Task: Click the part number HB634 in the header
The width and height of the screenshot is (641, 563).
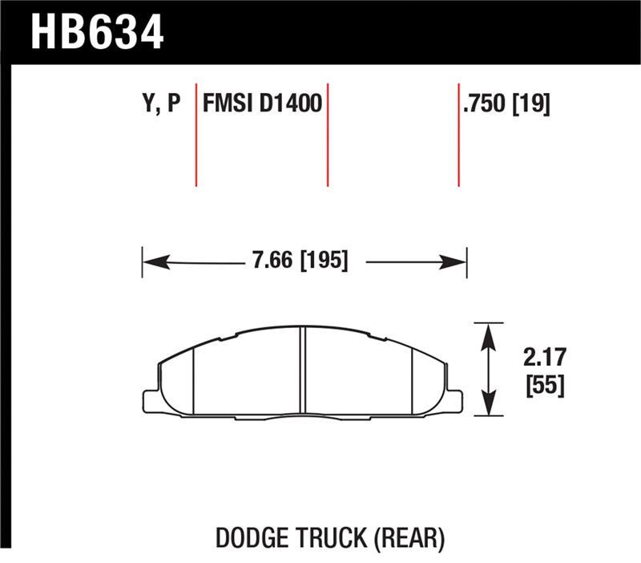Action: (97, 32)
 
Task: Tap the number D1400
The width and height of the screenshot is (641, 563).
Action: (289, 104)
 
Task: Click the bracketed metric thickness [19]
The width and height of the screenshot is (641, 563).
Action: (530, 104)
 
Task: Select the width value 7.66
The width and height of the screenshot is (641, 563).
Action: (272, 261)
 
